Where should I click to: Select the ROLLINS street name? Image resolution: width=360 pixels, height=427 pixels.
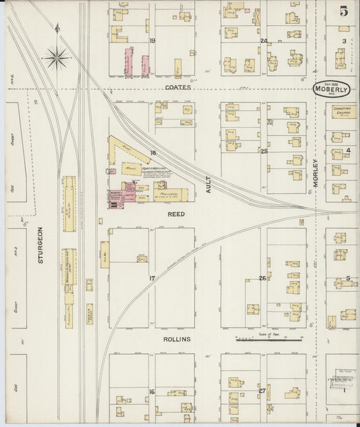(176, 338)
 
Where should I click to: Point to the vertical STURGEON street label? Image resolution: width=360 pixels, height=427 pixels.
(41, 247)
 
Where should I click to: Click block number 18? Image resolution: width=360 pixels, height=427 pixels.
(153, 153)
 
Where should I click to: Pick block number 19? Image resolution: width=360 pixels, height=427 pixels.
(153, 41)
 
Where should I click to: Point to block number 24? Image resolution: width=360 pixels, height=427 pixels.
(264, 41)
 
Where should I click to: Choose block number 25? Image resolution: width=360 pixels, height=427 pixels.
(264, 151)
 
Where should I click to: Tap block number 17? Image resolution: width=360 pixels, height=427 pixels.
(153, 278)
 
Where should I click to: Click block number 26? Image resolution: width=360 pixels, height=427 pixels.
(263, 278)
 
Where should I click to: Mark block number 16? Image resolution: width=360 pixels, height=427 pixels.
(153, 392)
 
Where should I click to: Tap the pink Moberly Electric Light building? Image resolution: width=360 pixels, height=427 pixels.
(118, 197)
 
